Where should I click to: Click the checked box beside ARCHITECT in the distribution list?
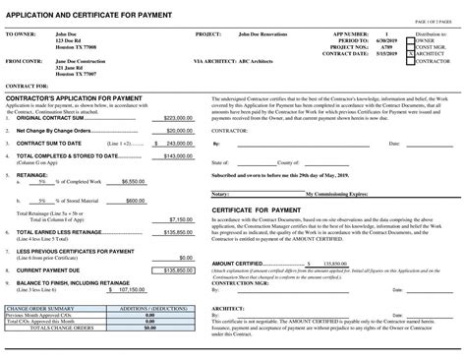[409, 52]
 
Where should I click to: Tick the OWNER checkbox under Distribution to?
[409, 39]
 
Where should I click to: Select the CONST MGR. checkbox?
[409, 45]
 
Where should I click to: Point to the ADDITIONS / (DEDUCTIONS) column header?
[147, 308]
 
